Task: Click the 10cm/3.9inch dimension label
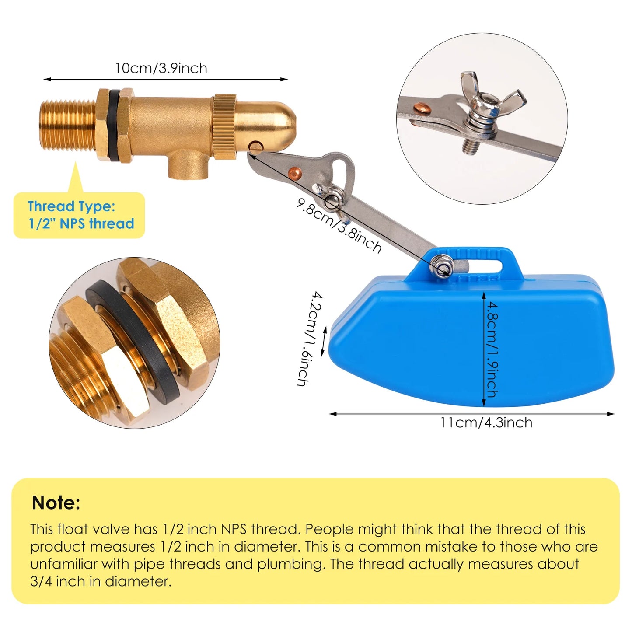pos(161,68)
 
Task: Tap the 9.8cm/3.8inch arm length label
pos(338,226)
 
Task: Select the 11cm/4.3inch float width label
pos(486,422)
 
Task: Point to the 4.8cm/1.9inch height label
pos(492,349)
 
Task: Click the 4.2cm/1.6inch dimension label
pos(310,339)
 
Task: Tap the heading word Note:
pos(56,503)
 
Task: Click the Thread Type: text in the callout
pos(71,206)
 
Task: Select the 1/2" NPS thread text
pos(81,223)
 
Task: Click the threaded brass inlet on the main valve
pos(67,125)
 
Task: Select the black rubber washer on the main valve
pos(114,126)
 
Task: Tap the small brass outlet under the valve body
pos(189,166)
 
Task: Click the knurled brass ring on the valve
pos(224,126)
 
